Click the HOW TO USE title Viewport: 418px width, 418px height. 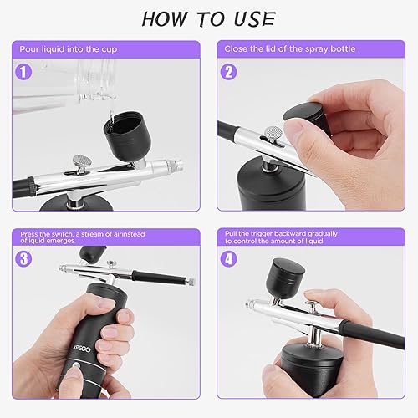[208, 18]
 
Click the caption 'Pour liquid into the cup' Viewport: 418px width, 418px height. [71, 48]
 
